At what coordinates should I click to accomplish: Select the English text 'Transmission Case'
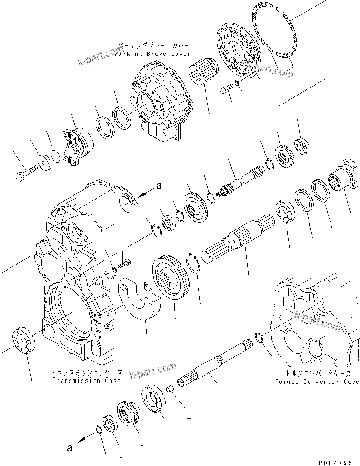point(87,380)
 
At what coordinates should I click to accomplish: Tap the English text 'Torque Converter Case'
point(316,382)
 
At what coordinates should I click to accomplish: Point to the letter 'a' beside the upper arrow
point(159,186)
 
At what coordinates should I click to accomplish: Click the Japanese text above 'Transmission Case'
point(87,373)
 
